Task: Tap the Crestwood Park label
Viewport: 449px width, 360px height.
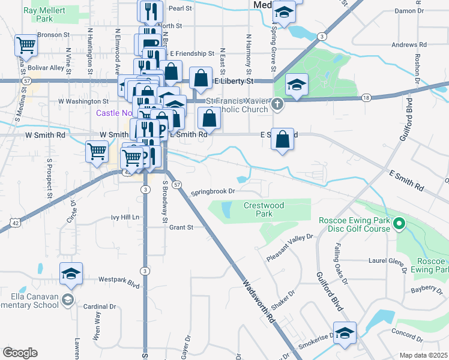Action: (264, 209)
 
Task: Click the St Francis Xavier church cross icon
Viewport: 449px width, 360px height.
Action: (277, 104)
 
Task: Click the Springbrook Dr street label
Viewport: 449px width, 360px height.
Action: (212, 192)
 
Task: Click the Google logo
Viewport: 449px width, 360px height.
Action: (20, 352)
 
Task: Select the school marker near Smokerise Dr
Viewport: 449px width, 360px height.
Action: (345, 332)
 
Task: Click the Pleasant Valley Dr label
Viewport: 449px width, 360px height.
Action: (290, 247)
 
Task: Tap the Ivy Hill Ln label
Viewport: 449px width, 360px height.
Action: (125, 217)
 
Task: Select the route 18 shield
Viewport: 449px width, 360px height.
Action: (366, 97)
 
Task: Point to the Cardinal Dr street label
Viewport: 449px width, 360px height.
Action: (100, 306)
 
